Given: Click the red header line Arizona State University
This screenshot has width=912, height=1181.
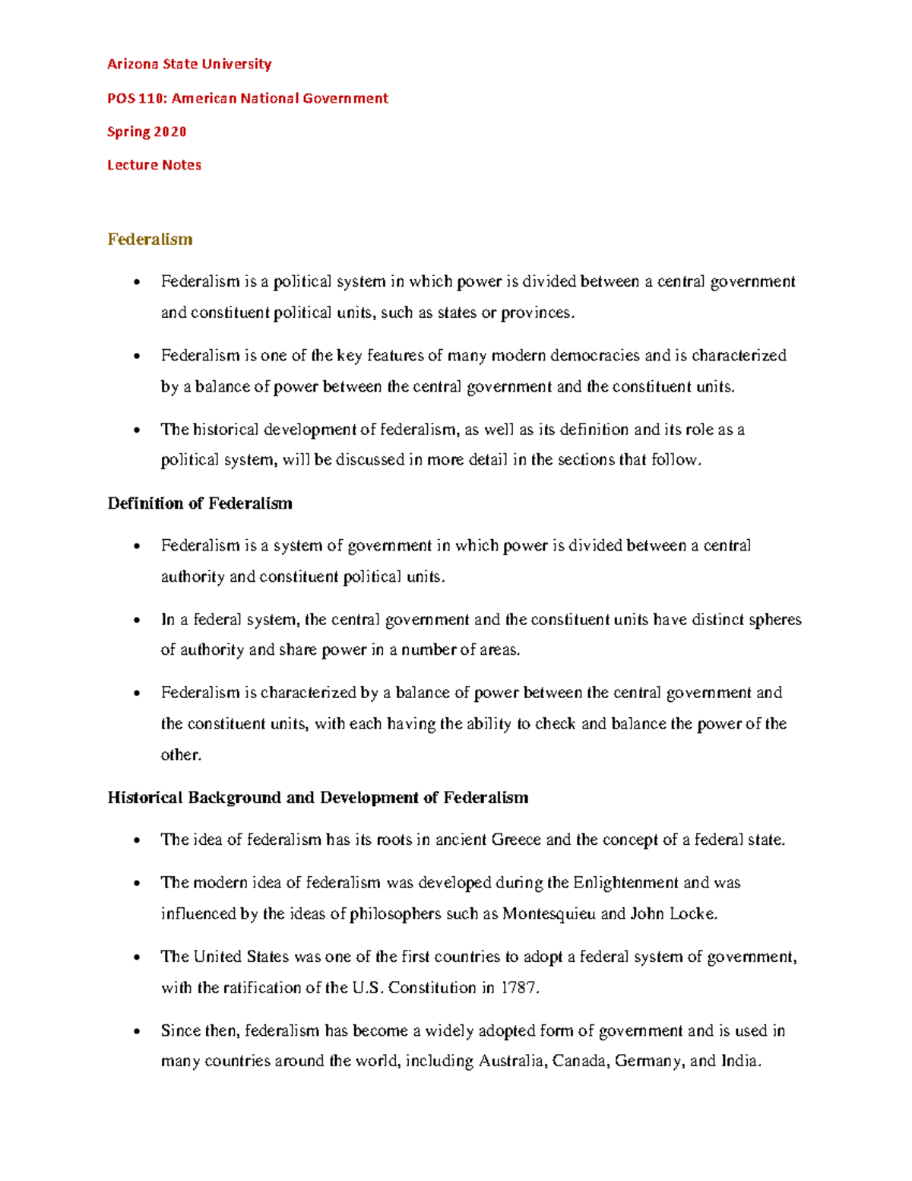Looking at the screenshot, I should (189, 64).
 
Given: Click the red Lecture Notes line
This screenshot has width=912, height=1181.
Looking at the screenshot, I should (154, 165).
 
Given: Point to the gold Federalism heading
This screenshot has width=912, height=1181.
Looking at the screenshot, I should (150, 239).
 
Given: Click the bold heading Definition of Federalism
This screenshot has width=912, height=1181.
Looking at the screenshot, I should (200, 503).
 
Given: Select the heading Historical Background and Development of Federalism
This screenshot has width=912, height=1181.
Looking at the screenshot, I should (318, 798).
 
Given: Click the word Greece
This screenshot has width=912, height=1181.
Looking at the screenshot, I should (516, 840).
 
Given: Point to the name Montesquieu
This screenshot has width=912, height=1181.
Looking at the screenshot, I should (549, 913).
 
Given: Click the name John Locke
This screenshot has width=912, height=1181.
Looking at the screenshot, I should (673, 913).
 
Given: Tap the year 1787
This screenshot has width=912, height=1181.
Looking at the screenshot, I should (519, 988).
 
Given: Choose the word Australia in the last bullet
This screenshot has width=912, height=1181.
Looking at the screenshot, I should (511, 1061).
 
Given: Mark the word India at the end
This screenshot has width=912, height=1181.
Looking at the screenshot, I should (739, 1061).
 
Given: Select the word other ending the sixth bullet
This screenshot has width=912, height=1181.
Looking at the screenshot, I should (180, 755).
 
